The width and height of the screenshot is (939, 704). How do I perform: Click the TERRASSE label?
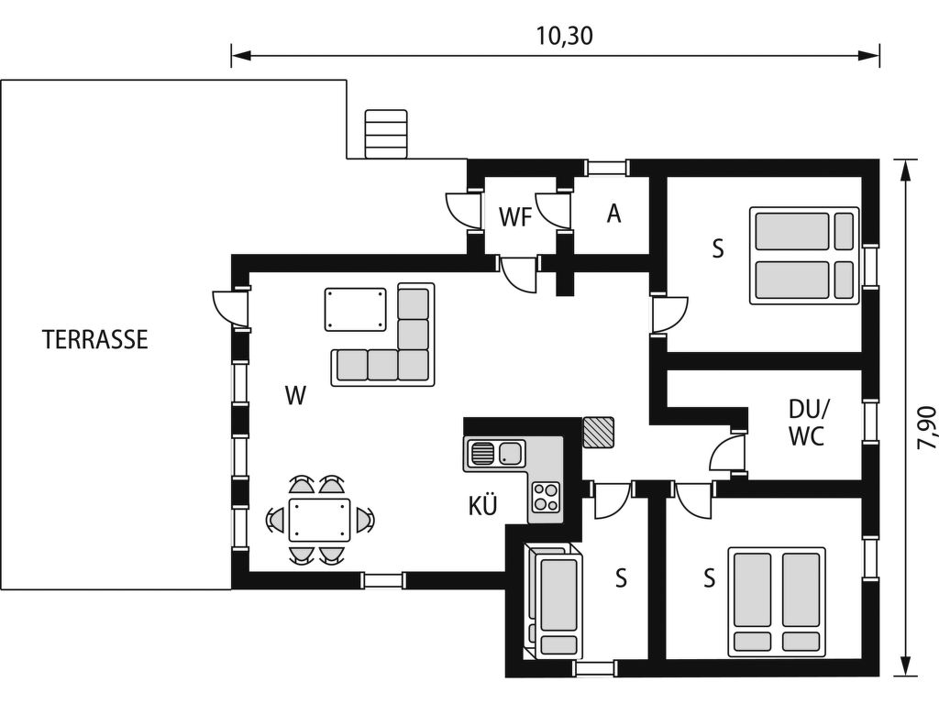tap(95, 339)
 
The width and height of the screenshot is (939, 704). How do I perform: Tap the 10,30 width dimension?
tap(564, 36)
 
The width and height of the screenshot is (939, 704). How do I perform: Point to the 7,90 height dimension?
tap(926, 427)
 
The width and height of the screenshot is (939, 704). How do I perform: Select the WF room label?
tap(515, 217)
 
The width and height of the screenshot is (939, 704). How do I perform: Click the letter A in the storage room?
tap(613, 214)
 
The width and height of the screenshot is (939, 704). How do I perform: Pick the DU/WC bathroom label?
tap(807, 423)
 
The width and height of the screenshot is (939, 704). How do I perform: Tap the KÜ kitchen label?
tap(482, 506)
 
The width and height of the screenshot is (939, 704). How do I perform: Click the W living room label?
tap(296, 395)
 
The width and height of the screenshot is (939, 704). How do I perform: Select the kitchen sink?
tap(495, 453)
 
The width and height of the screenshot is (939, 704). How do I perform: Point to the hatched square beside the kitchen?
tap(598, 433)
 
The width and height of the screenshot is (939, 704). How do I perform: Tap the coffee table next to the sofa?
tap(356, 309)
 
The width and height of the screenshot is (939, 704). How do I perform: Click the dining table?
tap(319, 519)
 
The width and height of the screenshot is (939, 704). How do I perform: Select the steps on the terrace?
tap(386, 134)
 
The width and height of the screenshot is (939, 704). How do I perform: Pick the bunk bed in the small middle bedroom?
tap(554, 601)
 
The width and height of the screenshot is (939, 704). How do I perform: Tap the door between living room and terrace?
tap(230, 306)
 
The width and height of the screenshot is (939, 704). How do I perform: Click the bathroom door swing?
tap(727, 453)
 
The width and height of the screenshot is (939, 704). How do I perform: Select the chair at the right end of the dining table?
tap(364, 519)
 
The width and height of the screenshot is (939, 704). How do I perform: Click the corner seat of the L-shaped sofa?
tap(414, 365)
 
